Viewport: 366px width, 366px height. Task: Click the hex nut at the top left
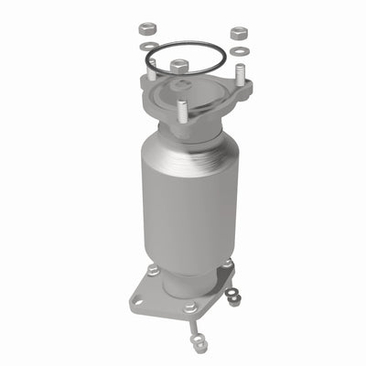pos(147,28)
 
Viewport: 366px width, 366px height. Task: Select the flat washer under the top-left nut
pos(146,46)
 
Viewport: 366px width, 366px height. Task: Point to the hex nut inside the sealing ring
pos(178,66)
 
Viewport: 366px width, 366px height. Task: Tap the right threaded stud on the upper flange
pos(241,74)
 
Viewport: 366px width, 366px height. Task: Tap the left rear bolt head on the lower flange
pos(153,271)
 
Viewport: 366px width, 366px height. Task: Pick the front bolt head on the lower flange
pos(188,308)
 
